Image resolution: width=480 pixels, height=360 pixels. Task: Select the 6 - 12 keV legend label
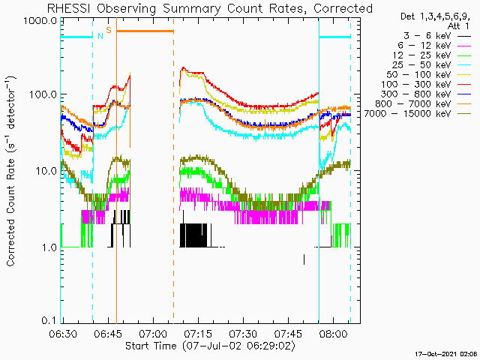coord(424,46)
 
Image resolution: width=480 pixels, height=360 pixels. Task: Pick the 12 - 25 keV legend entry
coord(421,55)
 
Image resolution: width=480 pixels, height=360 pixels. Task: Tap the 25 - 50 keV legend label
coord(421,65)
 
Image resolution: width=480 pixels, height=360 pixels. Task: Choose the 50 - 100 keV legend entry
coord(418,75)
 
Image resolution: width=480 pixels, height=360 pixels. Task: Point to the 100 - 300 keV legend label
coord(415,85)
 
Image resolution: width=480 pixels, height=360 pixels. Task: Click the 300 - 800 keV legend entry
coord(415,94)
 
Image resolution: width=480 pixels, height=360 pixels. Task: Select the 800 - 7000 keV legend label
coord(413,104)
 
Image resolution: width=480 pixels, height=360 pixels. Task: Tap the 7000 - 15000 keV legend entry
coord(407,114)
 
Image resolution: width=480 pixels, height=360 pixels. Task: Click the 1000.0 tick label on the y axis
coord(40,22)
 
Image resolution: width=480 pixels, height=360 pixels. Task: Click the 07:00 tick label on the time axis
coord(153,333)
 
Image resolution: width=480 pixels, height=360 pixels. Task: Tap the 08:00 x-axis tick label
coord(333,333)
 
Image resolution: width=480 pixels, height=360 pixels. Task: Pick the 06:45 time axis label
coord(108,333)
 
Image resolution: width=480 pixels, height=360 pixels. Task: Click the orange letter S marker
coord(109,30)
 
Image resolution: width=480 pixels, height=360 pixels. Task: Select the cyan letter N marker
coord(100,36)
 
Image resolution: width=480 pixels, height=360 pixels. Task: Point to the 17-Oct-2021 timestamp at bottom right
coord(447,354)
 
